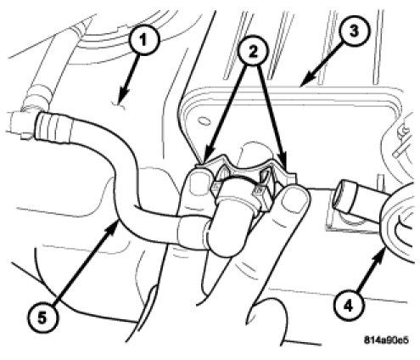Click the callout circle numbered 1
pyautogui.click(x=143, y=41)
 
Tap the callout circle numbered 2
pyautogui.click(x=253, y=52)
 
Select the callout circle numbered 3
pyautogui.click(x=354, y=31)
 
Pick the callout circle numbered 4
pyautogui.click(x=348, y=306)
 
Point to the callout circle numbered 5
pyautogui.click(x=42, y=318)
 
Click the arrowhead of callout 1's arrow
pyautogui.click(x=123, y=96)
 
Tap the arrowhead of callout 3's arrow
pyautogui.click(x=308, y=79)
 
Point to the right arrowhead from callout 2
pyautogui.click(x=283, y=165)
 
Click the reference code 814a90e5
pyautogui.click(x=386, y=340)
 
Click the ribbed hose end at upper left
pyautogui.click(x=54, y=126)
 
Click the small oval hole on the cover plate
pyautogui.click(x=203, y=121)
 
